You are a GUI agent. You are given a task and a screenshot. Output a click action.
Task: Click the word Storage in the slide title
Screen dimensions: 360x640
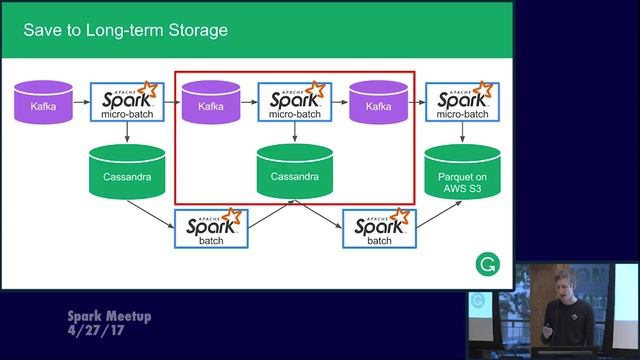[194, 30]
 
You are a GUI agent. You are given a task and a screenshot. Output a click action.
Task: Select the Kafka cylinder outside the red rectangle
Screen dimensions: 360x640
[42, 104]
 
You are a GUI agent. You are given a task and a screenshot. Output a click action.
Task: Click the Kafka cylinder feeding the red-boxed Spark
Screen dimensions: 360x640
[211, 104]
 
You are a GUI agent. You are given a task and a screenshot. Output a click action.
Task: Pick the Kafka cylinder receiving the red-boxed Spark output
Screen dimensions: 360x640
[378, 104]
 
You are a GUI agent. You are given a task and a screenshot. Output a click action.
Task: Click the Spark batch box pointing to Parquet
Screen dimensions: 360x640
[379, 228]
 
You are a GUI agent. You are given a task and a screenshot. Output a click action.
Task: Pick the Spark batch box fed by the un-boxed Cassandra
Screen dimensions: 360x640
[211, 228]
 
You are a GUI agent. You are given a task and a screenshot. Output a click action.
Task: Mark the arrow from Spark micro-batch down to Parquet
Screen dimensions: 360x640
[462, 134]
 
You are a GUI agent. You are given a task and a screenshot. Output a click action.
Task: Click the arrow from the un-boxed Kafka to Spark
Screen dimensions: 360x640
[81, 103]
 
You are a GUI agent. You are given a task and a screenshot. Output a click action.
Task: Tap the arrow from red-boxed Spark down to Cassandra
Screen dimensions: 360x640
[294, 134]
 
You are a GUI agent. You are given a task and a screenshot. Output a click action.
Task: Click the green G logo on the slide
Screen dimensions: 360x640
[487, 265]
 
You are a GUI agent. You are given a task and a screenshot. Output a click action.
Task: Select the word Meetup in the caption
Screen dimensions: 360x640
[124, 316]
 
